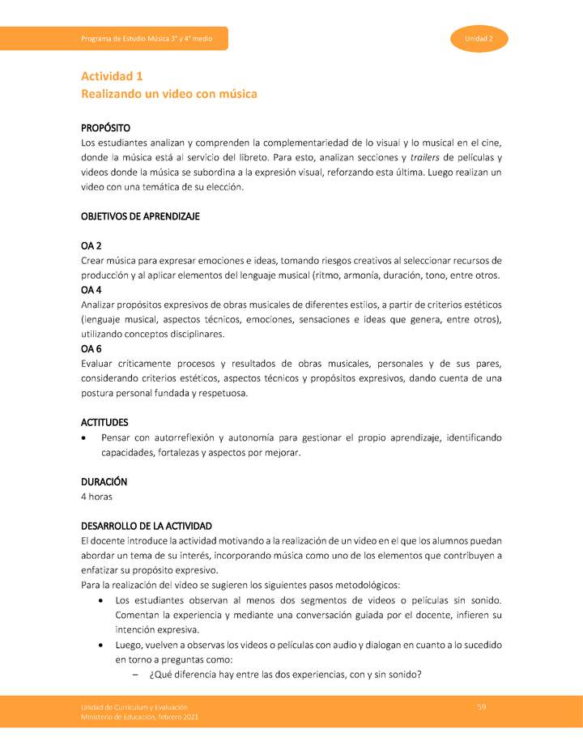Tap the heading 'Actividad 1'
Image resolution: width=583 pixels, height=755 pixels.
[112, 76]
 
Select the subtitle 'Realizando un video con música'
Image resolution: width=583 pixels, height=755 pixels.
[168, 94]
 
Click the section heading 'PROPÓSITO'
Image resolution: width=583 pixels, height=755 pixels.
[106, 128]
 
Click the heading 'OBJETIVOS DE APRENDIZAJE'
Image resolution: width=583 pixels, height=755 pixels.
[140, 216]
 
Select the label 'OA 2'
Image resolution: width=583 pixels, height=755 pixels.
[91, 245]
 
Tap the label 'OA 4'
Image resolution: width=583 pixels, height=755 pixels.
[91, 289]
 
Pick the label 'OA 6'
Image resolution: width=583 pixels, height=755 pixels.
[91, 348]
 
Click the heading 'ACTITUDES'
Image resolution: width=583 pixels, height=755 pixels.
[104, 422]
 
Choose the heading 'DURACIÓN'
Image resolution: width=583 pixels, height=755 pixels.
[104, 481]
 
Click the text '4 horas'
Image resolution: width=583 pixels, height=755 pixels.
[97, 496]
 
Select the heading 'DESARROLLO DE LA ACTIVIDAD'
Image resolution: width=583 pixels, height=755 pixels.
[147, 526]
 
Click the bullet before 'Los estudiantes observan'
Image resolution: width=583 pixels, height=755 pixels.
[100, 600]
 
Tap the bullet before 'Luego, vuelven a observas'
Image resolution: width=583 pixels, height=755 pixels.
[100, 645]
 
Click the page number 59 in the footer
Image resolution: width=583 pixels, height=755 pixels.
[482, 707]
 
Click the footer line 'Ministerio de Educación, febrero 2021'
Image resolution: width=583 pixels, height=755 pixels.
[139, 717]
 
